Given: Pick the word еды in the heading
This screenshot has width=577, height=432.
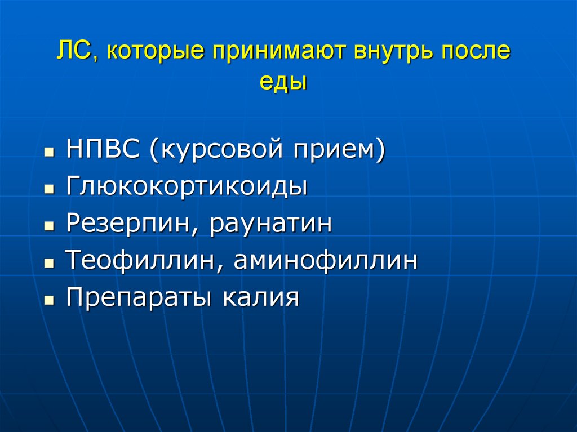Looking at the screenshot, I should pyautogui.click(x=283, y=82).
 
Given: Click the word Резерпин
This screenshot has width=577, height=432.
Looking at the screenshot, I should pyautogui.click(x=131, y=224).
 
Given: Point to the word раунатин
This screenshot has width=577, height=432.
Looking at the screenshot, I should pyautogui.click(x=270, y=224).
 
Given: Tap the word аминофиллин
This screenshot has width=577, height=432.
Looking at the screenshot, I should pyautogui.click(x=326, y=260).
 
